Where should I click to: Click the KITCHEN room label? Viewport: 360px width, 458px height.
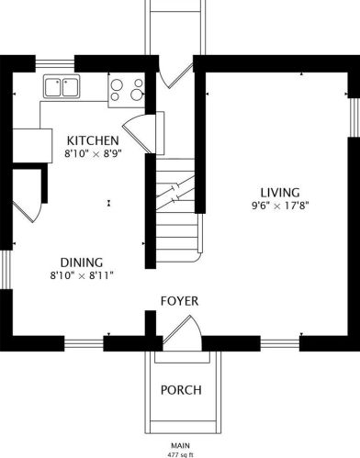(93, 140)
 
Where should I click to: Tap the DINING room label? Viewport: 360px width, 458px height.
(82, 263)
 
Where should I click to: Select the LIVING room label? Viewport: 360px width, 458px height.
(280, 193)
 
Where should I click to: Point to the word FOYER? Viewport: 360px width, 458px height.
(180, 301)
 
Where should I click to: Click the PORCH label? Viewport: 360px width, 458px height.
(181, 390)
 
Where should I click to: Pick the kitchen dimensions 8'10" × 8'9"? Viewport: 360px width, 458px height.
(93, 153)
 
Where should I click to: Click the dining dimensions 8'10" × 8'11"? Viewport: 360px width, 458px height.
(82, 275)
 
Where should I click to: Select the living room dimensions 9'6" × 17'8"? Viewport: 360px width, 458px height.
(280, 206)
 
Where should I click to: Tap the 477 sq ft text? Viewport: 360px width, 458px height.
(180, 455)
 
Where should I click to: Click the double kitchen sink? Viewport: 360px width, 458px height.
(62, 86)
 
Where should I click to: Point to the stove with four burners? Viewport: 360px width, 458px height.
(127, 91)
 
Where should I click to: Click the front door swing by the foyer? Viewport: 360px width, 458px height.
(182, 333)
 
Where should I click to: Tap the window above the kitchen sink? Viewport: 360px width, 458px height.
(55, 63)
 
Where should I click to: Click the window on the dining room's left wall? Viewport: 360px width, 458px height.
(6, 270)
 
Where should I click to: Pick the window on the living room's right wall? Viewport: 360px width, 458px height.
(354, 117)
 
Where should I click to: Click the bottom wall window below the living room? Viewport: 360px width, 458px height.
(280, 343)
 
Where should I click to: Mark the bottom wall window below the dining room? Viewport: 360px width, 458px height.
(84, 343)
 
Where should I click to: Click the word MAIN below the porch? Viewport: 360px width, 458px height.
(180, 445)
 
